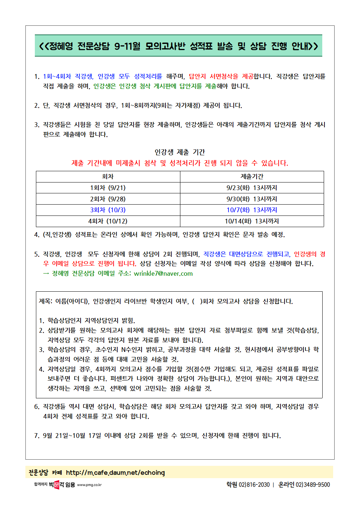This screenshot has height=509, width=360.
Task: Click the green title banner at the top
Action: click(x=178, y=46)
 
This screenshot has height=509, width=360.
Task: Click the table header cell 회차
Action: click(x=108, y=177)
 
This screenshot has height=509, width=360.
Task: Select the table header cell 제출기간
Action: click(x=252, y=177)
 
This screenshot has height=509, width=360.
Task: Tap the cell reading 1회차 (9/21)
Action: click(x=108, y=188)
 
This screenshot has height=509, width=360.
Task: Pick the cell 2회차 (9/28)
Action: click(x=108, y=199)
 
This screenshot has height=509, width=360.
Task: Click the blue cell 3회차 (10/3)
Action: click(x=108, y=210)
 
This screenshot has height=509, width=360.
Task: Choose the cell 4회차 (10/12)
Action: click(x=108, y=221)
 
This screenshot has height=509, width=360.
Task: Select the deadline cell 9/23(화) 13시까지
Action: click(x=252, y=188)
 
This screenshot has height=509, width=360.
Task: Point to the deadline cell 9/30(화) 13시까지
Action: click(x=252, y=199)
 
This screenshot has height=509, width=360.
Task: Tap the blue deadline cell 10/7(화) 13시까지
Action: click(x=252, y=210)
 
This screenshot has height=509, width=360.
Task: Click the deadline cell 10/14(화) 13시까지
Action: click(x=252, y=221)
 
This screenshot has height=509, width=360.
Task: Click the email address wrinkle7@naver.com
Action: click(x=163, y=274)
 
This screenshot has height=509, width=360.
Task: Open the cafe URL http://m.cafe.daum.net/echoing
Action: click(x=115, y=473)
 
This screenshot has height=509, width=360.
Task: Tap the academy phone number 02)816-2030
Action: click(x=254, y=485)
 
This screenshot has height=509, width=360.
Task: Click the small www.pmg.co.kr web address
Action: click(x=89, y=485)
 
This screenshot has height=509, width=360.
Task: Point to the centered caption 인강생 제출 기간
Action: click(x=180, y=152)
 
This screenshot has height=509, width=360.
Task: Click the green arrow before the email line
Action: click(x=46, y=274)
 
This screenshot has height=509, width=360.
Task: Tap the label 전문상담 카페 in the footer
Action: click(x=45, y=473)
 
